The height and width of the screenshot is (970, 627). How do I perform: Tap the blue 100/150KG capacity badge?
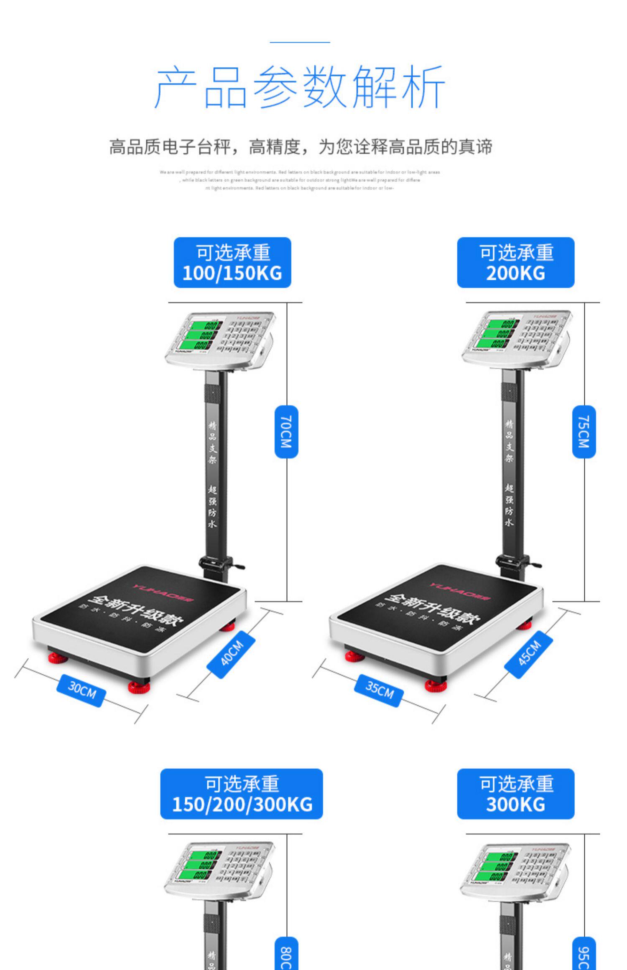(x=232, y=263)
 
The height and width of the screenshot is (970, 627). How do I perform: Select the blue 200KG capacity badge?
(x=515, y=263)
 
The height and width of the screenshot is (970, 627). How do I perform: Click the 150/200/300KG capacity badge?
(x=242, y=794)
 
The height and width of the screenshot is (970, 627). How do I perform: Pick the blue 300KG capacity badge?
(x=515, y=794)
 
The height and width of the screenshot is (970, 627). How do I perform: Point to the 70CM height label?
(x=286, y=432)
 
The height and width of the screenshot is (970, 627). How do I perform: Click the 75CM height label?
(x=584, y=432)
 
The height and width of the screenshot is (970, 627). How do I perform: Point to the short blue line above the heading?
(x=300, y=42)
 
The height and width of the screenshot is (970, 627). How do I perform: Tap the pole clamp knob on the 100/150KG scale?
(x=238, y=567)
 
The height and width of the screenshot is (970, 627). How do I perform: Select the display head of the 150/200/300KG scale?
(x=219, y=869)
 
